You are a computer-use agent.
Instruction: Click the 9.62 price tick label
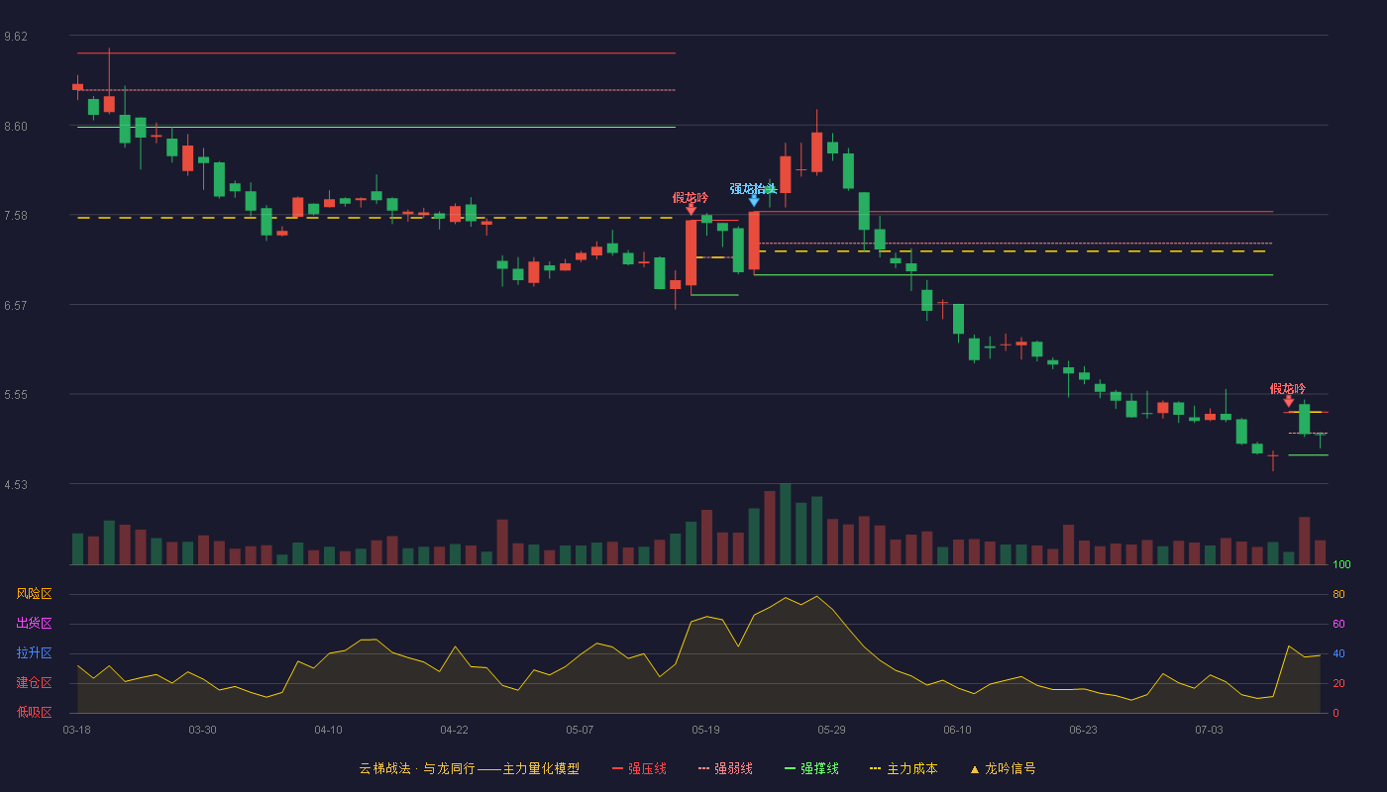(x=16, y=37)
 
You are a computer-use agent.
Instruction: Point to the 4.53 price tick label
(x=16, y=484)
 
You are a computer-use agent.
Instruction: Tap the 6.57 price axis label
(x=16, y=306)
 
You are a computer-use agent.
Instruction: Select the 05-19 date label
(x=705, y=731)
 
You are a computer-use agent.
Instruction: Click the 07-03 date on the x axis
(x=1209, y=731)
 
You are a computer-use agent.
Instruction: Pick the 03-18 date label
(x=77, y=731)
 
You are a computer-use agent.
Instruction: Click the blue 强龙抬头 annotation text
(x=753, y=189)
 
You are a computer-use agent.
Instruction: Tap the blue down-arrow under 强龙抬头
(x=754, y=202)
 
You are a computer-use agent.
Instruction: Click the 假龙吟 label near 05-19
(x=690, y=197)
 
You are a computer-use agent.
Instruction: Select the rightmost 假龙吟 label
(x=1287, y=388)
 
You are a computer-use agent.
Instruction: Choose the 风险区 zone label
(x=34, y=594)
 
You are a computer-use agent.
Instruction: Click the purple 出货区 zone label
(x=34, y=623)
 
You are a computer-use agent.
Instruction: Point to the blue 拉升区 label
(x=34, y=652)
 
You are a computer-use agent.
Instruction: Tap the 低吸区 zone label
(x=34, y=712)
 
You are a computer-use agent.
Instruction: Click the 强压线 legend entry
(x=639, y=768)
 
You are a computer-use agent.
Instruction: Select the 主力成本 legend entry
(x=904, y=768)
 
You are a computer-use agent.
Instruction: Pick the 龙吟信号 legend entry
(x=1003, y=768)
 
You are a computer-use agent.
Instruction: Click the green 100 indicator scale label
(x=1341, y=564)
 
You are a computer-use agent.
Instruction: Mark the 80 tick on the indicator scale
(x=1338, y=594)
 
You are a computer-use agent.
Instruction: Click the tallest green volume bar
(x=785, y=524)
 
